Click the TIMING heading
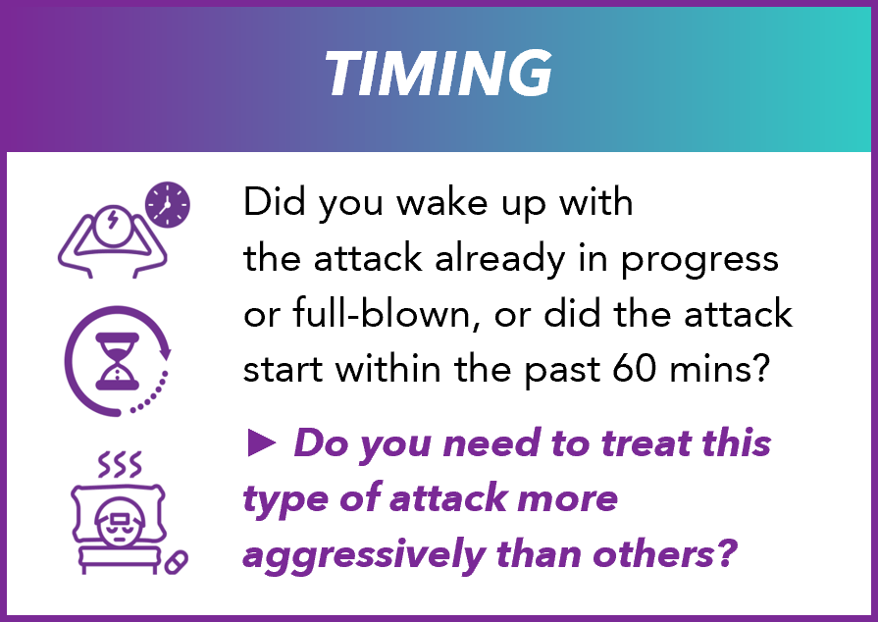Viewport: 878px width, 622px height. [x=438, y=74]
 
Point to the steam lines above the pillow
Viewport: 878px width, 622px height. [x=120, y=464]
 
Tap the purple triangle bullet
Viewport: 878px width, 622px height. [x=262, y=443]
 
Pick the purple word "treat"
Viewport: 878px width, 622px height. [x=630, y=443]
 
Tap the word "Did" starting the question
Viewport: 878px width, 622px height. [x=270, y=203]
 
